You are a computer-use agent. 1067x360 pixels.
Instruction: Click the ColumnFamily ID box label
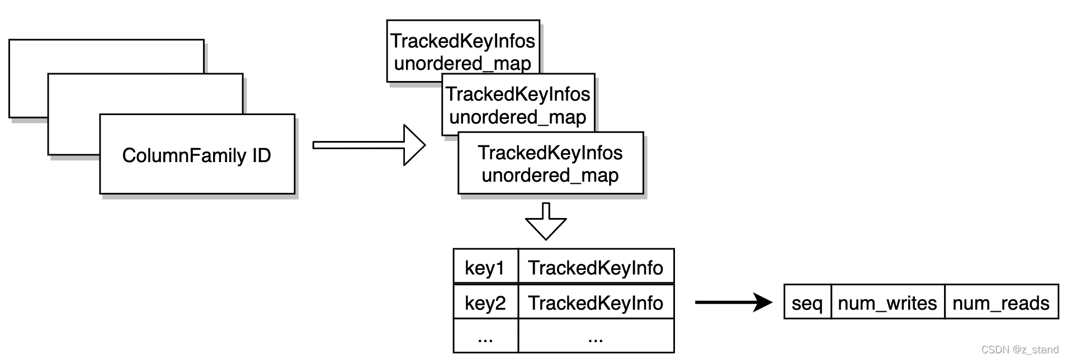pos(196,155)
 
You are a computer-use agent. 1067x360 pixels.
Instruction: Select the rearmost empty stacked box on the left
pos(106,56)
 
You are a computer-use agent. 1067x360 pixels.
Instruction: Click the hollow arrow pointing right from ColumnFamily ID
pos(369,145)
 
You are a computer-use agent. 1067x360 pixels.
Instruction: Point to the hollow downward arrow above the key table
pos(546,221)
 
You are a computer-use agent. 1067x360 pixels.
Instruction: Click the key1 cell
pos(485,268)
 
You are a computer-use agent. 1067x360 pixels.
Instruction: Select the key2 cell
pos(485,302)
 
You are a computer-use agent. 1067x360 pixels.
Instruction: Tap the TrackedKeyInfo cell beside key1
pos(596,268)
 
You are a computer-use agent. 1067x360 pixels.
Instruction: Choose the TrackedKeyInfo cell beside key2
pos(596,302)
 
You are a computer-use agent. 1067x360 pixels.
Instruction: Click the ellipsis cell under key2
pos(485,337)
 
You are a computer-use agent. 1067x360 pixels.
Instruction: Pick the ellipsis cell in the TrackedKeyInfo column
pos(596,337)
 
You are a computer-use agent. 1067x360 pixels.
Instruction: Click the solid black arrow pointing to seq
pos(733,302)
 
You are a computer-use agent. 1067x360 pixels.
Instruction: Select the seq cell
pos(807,302)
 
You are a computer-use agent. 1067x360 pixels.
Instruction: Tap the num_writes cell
pos(887,302)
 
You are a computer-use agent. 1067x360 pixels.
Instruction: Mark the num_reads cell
pos(1000,302)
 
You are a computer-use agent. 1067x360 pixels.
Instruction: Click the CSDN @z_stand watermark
pos(1019,350)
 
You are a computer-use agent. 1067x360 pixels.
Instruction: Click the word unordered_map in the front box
pos(550,176)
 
